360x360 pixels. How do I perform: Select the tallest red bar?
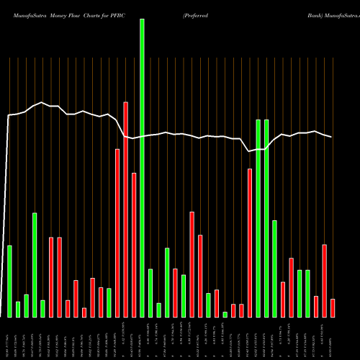pos(125,210)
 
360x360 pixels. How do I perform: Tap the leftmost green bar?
pos(10,281)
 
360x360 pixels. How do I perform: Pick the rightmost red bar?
pos(333,307)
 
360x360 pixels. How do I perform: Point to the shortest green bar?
pos(225,314)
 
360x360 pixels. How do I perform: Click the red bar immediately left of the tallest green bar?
pos(134,245)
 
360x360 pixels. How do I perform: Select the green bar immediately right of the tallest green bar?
pos(150,292)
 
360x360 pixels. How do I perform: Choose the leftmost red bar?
pos(51,276)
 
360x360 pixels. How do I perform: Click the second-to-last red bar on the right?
pos(325,281)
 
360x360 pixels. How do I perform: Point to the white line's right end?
pos(332,137)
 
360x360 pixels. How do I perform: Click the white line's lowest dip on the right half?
pos(249,151)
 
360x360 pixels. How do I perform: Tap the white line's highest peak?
pos(42,103)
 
